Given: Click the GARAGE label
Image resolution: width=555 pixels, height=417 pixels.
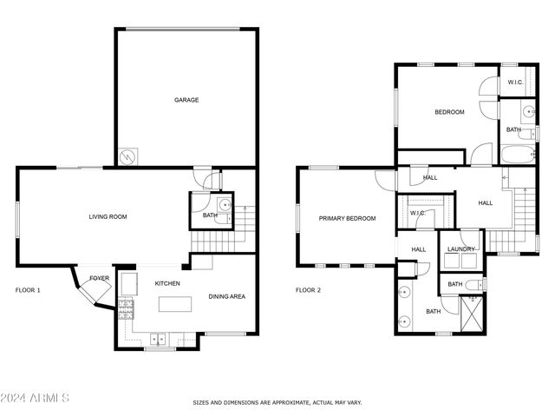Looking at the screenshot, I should pos(186,100).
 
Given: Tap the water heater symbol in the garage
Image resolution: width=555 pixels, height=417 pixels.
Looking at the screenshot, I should pos(128,156).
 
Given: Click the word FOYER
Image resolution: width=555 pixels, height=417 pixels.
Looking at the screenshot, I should pos(100,279).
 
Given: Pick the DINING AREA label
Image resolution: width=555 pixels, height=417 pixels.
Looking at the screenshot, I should pos(227,297).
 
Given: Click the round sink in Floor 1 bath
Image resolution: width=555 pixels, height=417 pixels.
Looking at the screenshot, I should pos(224,205).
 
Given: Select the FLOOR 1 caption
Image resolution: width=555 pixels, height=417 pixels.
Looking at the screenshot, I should pos(28,290).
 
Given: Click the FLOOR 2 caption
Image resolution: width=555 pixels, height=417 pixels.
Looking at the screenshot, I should pos(308,290).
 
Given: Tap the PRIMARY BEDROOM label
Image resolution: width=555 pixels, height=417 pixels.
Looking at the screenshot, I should pos(347,219).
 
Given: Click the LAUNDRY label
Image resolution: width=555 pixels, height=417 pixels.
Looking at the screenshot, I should pos(460,250).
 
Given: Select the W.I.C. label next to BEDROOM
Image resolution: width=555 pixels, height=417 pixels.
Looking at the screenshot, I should pos(514,83).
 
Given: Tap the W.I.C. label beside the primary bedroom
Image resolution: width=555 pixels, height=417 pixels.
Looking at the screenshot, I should pos(417,212).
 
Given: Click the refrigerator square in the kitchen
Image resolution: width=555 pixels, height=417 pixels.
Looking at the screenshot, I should pos(128,283).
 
